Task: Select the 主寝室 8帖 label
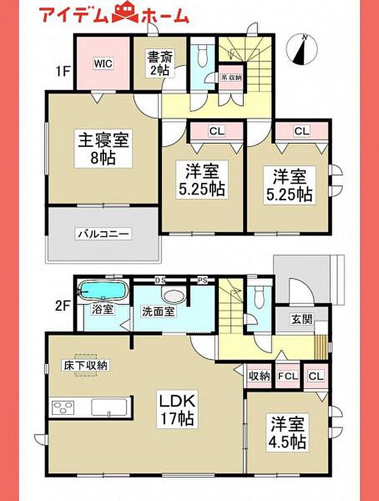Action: click(x=102, y=147)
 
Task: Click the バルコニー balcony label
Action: click(x=104, y=234)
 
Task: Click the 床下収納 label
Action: click(x=85, y=365)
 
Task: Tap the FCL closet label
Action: click(x=287, y=376)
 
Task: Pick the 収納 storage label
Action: click(x=259, y=376)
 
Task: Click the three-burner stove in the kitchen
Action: click(x=64, y=407)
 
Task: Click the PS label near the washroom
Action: click(x=202, y=280)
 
